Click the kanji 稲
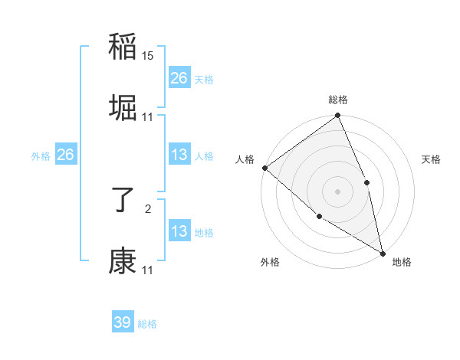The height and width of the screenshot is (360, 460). click(123, 47)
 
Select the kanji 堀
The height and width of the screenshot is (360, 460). click(123, 107)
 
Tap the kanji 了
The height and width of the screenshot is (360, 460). click(123, 201)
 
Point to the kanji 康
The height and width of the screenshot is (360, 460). click(123, 261)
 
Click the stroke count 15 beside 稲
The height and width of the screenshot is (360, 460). click(148, 57)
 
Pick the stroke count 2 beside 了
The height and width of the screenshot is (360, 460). click(148, 208)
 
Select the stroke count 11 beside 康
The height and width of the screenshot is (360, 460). click(148, 270)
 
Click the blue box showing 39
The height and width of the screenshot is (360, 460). click(123, 322)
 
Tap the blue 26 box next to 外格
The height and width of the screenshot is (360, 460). click(66, 155)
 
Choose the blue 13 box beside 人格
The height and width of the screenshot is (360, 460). click(179, 155)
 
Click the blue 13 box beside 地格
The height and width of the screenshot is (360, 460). click(179, 231)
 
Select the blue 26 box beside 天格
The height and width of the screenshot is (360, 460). click(179, 78)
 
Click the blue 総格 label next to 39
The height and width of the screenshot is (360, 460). click(147, 324)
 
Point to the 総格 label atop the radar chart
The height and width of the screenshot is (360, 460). click(338, 100)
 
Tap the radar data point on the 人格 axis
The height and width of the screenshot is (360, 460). click(264, 168)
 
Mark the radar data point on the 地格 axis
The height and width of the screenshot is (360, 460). click(383, 252)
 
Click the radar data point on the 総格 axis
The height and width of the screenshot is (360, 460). click(338, 116)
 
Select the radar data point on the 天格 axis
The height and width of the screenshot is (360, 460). click(366, 182)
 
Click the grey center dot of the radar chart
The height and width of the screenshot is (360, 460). click(338, 191)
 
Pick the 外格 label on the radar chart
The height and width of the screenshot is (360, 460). click(270, 263)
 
